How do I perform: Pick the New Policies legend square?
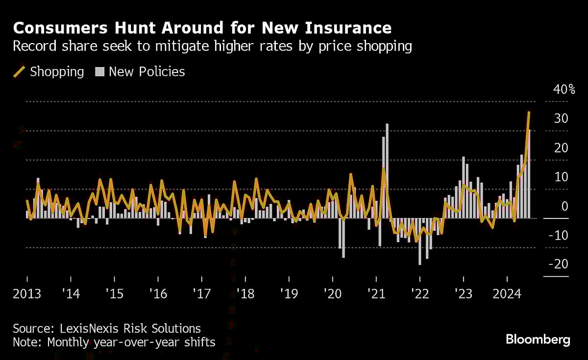(x=100, y=72)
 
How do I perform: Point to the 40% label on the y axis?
(x=564, y=90)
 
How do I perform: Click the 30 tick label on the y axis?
(x=561, y=119)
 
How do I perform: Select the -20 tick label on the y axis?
(x=558, y=264)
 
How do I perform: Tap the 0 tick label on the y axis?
(x=564, y=206)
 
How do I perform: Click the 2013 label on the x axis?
(x=27, y=294)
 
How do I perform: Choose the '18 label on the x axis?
(x=245, y=294)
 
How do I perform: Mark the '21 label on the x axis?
(x=376, y=294)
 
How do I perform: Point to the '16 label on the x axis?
(x=158, y=294)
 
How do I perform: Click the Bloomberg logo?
(x=538, y=339)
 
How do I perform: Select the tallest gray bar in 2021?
(x=387, y=171)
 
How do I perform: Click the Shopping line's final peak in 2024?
(x=529, y=113)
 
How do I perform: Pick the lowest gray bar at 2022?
(x=420, y=242)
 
